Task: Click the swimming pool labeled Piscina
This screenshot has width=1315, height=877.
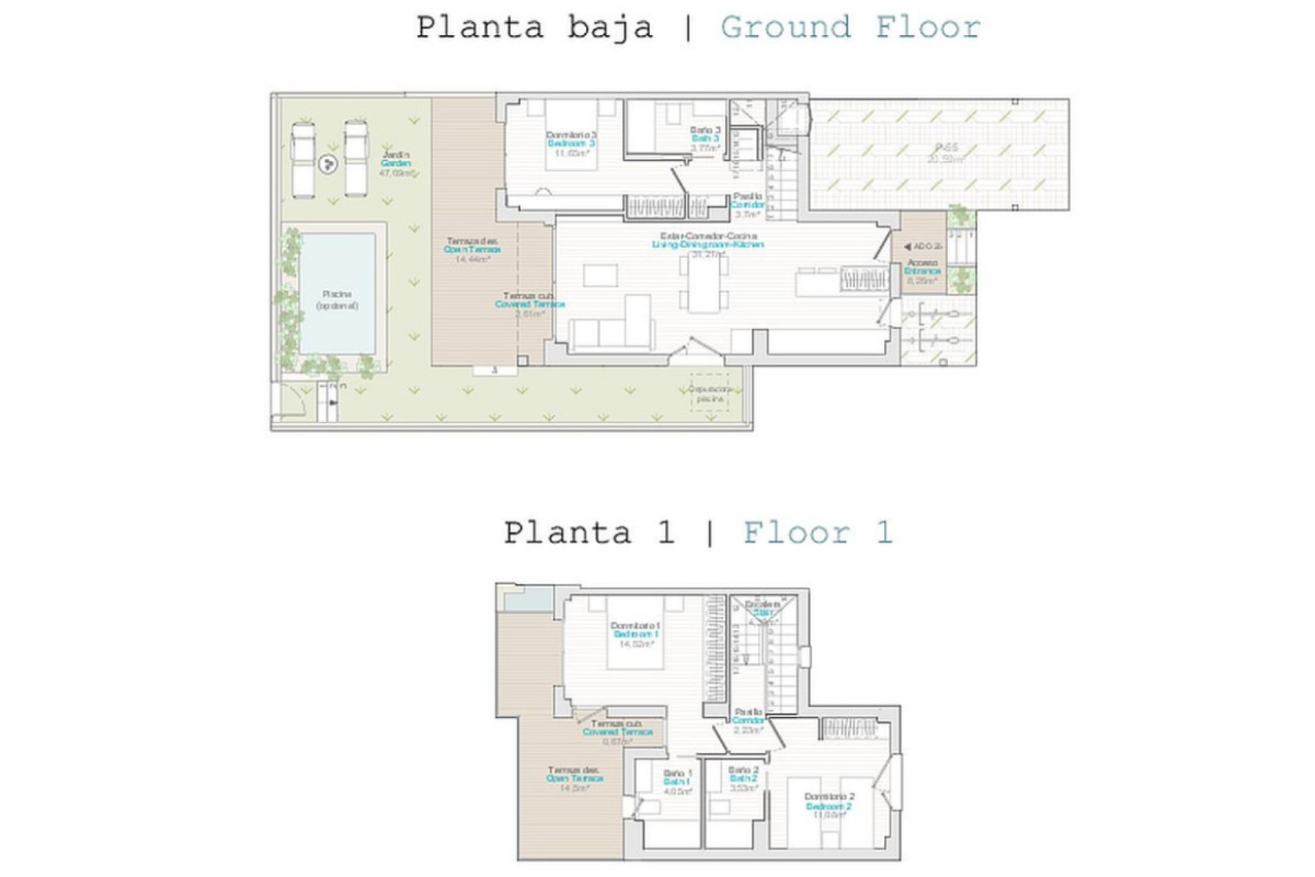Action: [338, 293]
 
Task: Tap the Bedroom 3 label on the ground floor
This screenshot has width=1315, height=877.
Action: [571, 144]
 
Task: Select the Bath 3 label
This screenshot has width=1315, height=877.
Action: [705, 138]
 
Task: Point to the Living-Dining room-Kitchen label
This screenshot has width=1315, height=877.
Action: [707, 245]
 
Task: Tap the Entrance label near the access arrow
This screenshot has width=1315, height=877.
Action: [923, 271]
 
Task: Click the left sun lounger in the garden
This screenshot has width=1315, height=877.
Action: [303, 160]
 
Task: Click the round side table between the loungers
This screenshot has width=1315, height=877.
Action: [329, 164]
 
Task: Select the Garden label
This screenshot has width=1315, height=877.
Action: [396, 163]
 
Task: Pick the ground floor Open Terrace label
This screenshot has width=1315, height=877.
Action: [472, 249]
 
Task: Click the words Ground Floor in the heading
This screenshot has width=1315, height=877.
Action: [850, 28]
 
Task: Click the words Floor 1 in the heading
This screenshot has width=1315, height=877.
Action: [818, 532]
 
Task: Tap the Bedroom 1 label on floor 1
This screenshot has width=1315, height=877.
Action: [636, 634]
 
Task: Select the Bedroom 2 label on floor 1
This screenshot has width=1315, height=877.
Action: [829, 806]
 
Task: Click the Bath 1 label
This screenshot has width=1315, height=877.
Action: [677, 782]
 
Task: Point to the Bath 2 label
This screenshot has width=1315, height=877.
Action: [743, 778]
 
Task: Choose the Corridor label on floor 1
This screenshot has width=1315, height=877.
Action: [747, 721]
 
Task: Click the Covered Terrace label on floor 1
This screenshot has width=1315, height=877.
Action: [617, 732]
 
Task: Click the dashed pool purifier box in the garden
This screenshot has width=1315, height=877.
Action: [710, 393]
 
